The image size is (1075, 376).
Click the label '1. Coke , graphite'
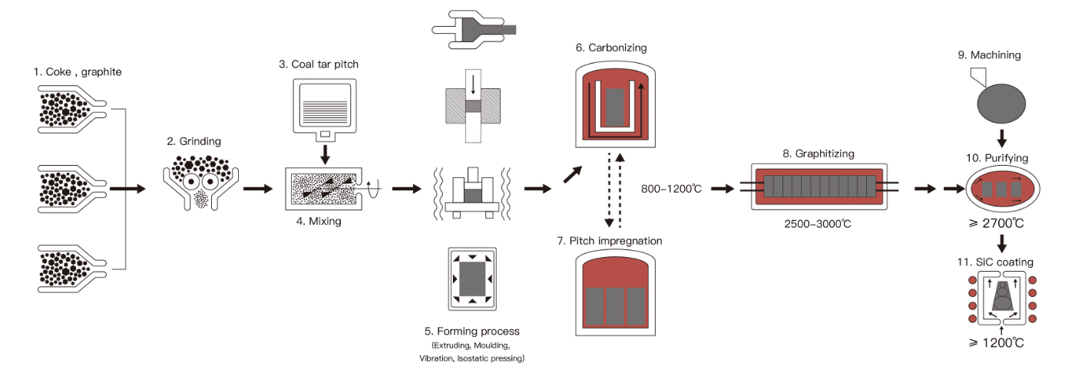point(78,72)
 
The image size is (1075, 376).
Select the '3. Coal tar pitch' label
point(319,64)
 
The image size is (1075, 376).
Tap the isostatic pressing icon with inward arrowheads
point(472,277)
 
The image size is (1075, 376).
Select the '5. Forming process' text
point(471,331)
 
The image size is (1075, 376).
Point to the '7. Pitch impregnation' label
point(615,241)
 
